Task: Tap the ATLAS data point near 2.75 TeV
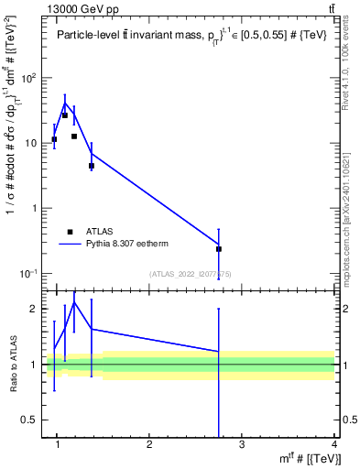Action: [x=219, y=248]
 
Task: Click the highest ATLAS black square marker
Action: [x=64, y=115]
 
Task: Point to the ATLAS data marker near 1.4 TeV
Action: [x=92, y=166]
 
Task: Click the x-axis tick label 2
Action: [x=149, y=446]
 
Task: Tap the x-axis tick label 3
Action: [x=242, y=446]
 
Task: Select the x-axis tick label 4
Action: [x=333, y=446]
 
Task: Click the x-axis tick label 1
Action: [x=58, y=446]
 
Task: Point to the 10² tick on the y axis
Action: [x=30, y=78]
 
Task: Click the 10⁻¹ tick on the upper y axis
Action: [x=30, y=274]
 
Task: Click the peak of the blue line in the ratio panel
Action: [x=74, y=301]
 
